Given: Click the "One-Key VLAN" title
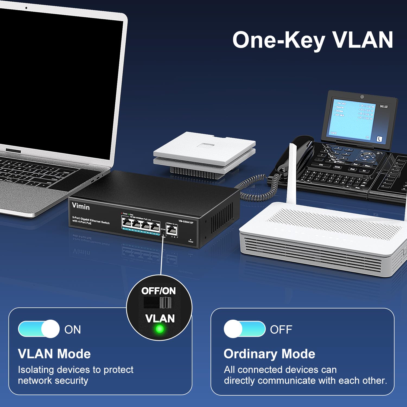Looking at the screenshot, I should pyautogui.click(x=313, y=40).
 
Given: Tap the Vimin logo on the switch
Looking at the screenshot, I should pyautogui.click(x=81, y=206).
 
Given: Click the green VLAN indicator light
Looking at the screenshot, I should pyautogui.click(x=160, y=329).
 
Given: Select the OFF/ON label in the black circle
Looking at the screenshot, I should pyautogui.click(x=158, y=291).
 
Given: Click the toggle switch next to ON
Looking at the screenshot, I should pyautogui.click(x=39, y=329).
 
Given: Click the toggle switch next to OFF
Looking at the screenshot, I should pyautogui.click(x=244, y=329).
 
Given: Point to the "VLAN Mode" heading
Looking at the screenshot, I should pyautogui.click(x=54, y=354).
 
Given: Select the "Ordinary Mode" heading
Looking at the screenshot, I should pyautogui.click(x=269, y=354).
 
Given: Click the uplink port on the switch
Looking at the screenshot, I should pyautogui.click(x=172, y=230).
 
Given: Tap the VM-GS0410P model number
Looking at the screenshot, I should pyautogui.click(x=186, y=222).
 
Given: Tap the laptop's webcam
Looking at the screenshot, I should pyautogui.click(x=26, y=8).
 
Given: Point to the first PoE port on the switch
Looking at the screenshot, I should pyautogui.click(x=126, y=223).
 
